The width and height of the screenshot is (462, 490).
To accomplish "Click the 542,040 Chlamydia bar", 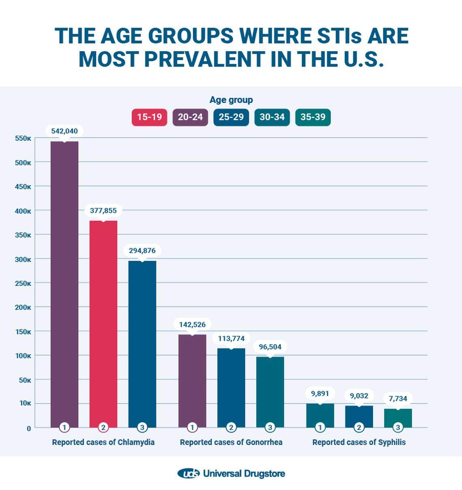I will click(x=64, y=284).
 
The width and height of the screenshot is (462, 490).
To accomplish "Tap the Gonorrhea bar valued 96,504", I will click(x=270, y=391).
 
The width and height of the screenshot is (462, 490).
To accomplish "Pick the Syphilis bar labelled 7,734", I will click(x=398, y=418).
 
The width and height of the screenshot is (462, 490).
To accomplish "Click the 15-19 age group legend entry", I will click(x=149, y=117).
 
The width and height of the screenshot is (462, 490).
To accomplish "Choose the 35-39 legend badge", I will click(x=313, y=117).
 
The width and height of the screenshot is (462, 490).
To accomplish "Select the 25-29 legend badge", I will click(x=231, y=117).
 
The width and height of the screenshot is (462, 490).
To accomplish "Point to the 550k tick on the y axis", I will click(x=23, y=138).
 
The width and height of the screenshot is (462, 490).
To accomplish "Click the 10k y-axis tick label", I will click(x=24, y=403).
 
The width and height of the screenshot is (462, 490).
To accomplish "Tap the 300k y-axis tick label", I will click(x=23, y=259).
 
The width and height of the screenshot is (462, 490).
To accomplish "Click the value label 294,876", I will click(x=142, y=251).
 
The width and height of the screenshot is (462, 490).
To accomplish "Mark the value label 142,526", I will click(x=192, y=325).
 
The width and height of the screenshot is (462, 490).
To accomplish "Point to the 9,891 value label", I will click(x=320, y=393).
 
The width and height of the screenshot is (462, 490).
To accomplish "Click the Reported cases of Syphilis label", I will click(x=359, y=442).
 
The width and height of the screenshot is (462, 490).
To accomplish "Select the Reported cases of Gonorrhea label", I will click(x=231, y=442).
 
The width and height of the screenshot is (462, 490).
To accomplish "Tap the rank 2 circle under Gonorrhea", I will click(x=231, y=427).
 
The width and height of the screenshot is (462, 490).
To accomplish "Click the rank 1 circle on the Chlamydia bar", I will click(x=64, y=427).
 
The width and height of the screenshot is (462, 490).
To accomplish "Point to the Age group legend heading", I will click(x=231, y=100).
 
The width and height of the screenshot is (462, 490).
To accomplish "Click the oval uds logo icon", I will click(x=188, y=473).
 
